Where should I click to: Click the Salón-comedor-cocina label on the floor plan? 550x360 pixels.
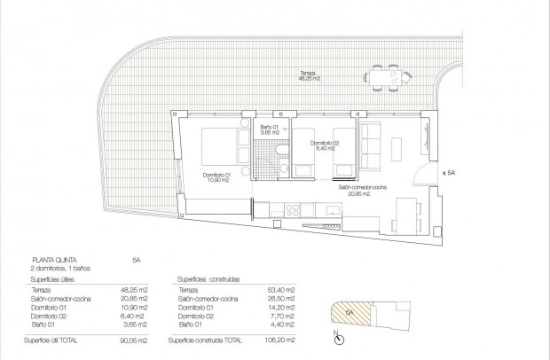pos(358,191)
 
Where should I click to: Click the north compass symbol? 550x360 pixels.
pos(335,338)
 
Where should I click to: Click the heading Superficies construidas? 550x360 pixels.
pos(209,278)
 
